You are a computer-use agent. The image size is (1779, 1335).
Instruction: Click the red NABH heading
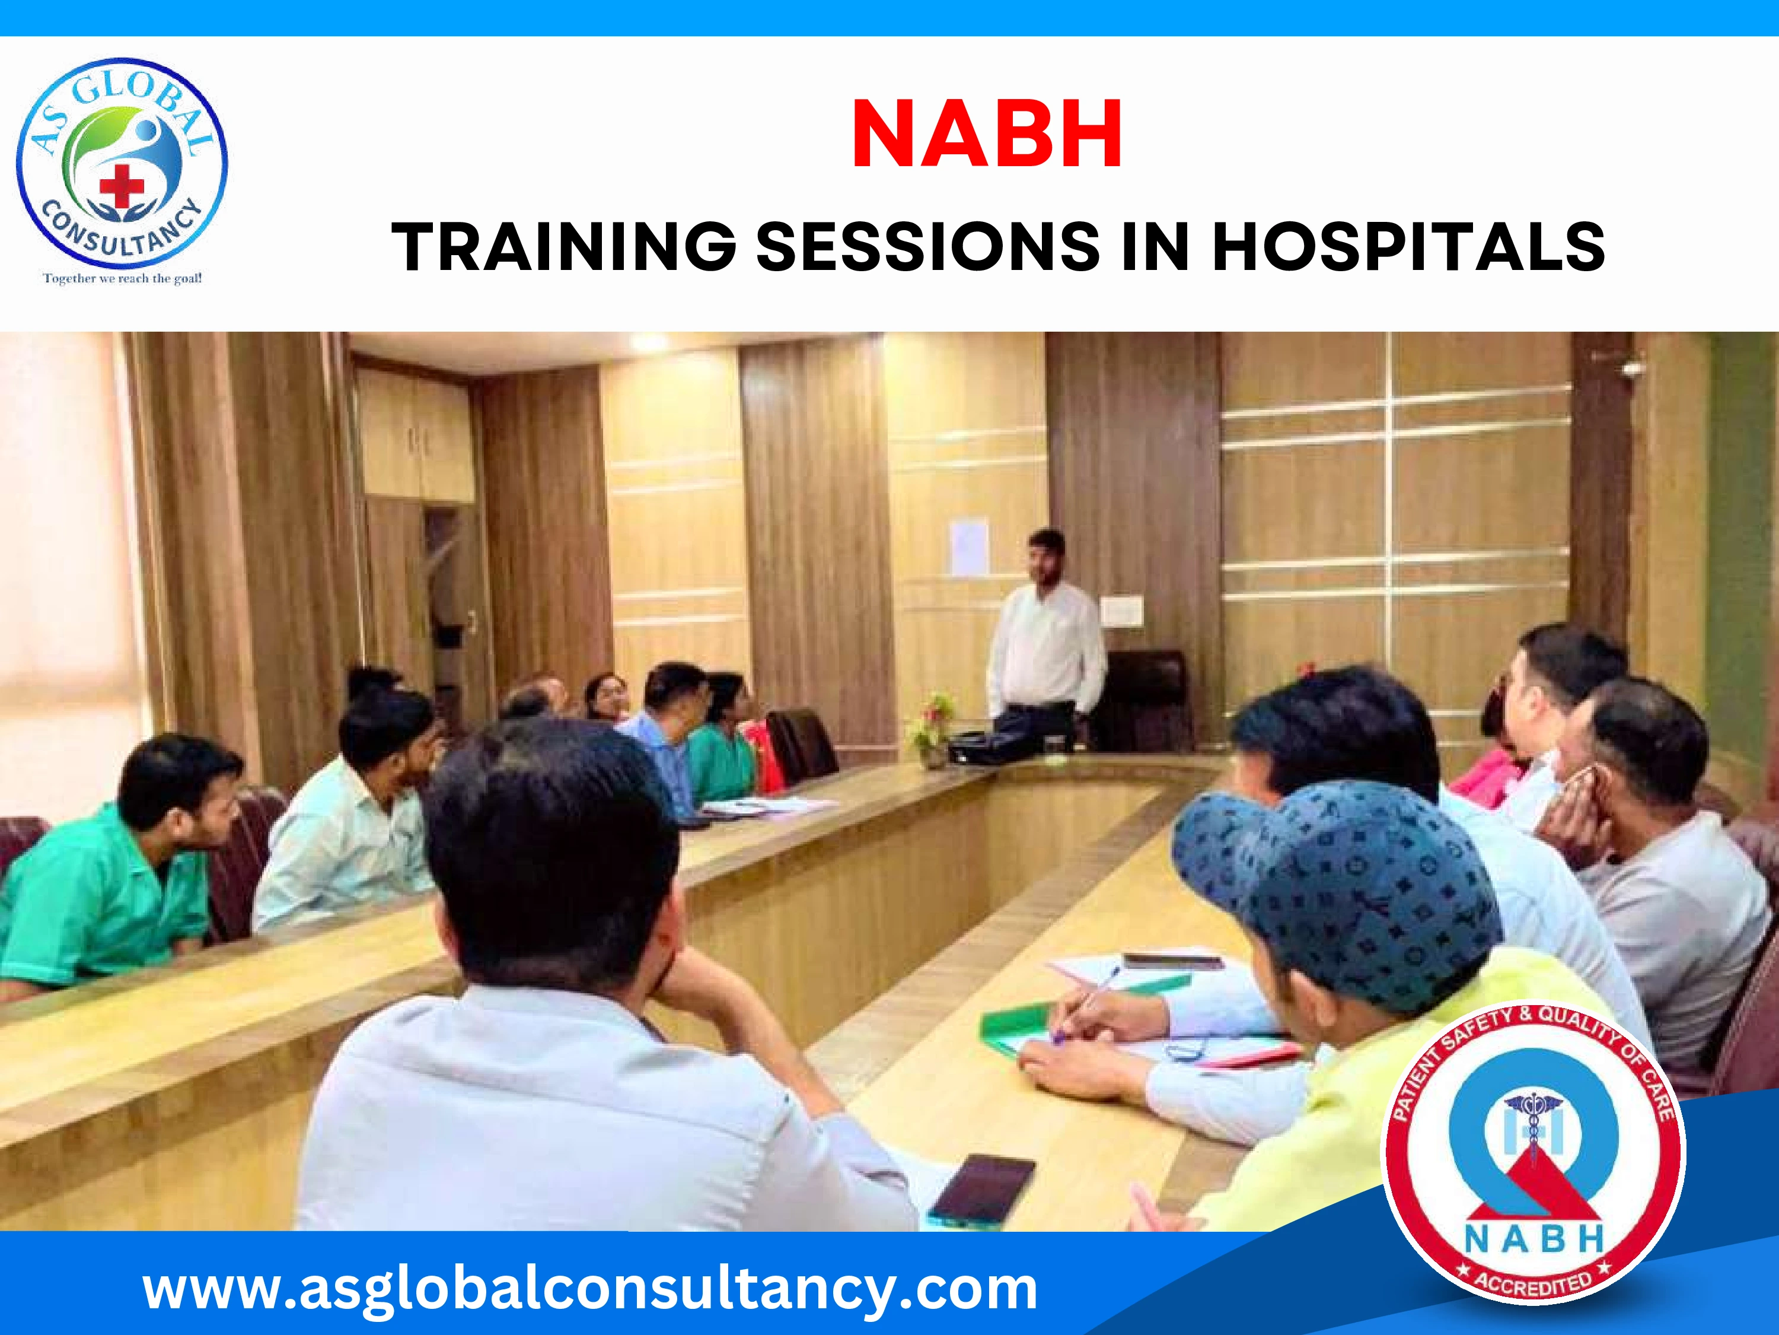point(987,133)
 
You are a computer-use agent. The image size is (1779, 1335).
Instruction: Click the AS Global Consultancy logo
point(122,164)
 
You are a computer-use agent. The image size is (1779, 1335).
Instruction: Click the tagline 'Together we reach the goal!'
point(122,278)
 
